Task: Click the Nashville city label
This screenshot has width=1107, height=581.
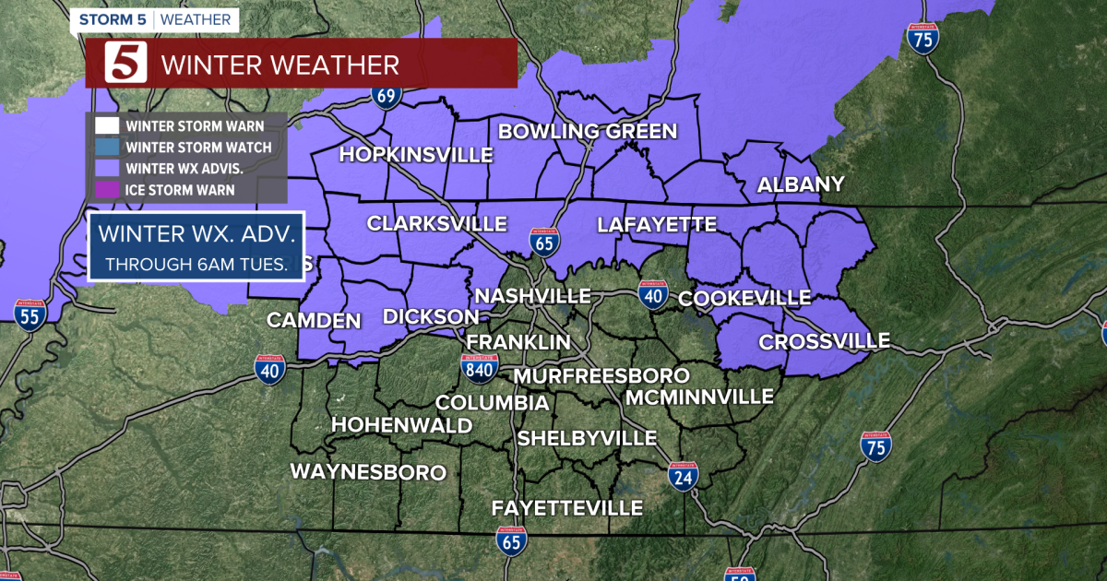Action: pos(532,296)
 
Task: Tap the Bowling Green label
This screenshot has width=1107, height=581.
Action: pos(588,131)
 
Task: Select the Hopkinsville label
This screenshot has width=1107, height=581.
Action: pos(416,154)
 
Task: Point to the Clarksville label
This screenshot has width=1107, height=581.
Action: pos(437,223)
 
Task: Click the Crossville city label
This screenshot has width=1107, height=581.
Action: pos(824,342)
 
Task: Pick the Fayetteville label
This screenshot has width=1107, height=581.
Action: pos(566,508)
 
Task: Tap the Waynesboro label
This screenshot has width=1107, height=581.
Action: pos(368,472)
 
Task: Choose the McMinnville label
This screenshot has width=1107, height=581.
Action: pos(698,397)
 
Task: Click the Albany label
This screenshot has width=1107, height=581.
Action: pos(801,184)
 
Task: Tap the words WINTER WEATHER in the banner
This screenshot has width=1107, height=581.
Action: pos(280,65)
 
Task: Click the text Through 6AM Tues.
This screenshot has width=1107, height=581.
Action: pos(196,264)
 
